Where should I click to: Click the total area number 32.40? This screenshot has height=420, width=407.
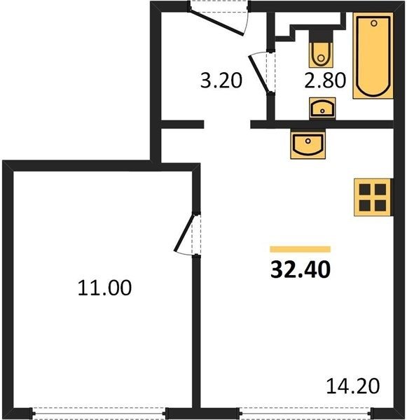tap(301, 269)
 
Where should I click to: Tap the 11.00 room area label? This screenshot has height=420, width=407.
tap(104, 288)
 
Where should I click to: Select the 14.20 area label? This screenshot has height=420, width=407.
tap(353, 386)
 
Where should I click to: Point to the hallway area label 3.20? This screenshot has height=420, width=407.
tap(221, 80)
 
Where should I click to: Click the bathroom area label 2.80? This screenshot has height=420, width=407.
tap(325, 80)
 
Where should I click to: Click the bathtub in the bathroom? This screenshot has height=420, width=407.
tap(373, 55)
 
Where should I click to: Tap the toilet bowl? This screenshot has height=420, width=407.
tap(321, 55)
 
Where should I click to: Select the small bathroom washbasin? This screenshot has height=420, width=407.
tap(322, 108)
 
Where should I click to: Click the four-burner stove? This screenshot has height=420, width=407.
tap(373, 197)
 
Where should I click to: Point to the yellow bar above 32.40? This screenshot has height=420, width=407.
tap(300, 249)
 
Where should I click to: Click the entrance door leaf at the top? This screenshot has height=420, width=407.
tap(216, 22)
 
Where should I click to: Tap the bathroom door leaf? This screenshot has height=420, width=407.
tap(258, 74)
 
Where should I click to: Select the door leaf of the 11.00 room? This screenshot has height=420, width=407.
tap(184, 233)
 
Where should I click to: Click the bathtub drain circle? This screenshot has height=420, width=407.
tap(374, 23)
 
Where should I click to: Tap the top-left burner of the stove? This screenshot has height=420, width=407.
tap(365, 190)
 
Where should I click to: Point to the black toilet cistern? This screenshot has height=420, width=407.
tap(321, 36)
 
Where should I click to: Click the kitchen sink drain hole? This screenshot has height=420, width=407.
tap(308, 141)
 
